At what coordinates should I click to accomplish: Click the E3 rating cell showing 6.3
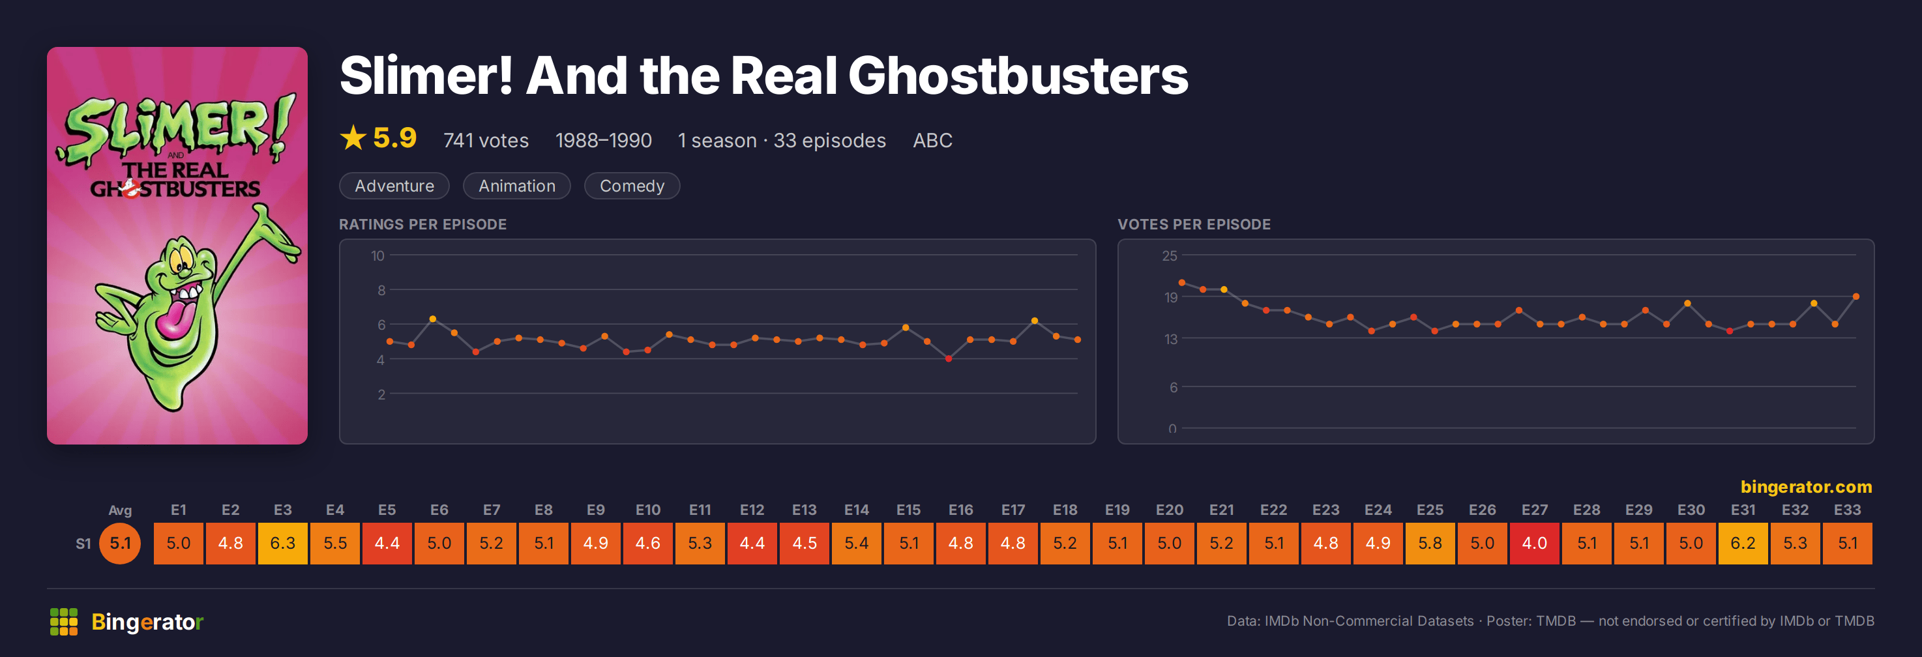(x=282, y=543)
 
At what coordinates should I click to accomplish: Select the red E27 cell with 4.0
(x=1534, y=543)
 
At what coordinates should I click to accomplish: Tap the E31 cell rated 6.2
(x=1743, y=543)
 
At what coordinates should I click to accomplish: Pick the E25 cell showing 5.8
(x=1430, y=543)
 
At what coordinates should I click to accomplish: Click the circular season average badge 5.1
(x=120, y=543)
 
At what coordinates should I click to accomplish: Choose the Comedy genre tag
(x=632, y=186)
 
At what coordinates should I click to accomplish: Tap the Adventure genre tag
(x=394, y=186)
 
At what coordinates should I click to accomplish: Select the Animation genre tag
(x=517, y=186)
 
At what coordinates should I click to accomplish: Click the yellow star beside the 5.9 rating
(x=353, y=138)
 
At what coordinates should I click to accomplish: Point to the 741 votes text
(x=486, y=140)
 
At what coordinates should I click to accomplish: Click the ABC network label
(x=933, y=140)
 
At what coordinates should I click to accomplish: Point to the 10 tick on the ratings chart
(x=377, y=255)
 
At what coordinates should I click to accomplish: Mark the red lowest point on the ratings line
(x=949, y=358)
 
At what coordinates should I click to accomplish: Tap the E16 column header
(x=960, y=510)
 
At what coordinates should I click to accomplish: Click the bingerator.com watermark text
(x=1807, y=487)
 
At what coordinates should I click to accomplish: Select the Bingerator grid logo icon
(x=63, y=621)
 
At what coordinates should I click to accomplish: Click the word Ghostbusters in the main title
(x=1018, y=76)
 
